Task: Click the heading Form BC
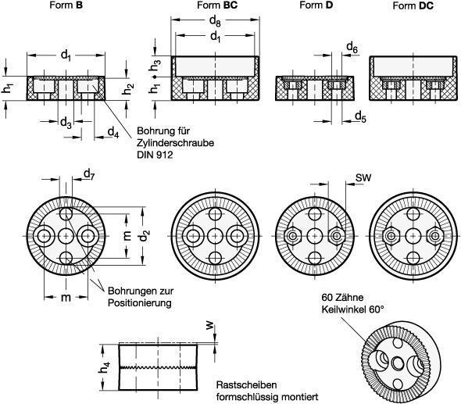pyautogui.click(x=217, y=5)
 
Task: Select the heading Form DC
pyautogui.click(x=413, y=5)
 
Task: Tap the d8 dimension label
pyautogui.click(x=215, y=21)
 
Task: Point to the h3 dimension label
pyautogui.click(x=155, y=66)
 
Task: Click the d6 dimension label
pyautogui.click(x=352, y=47)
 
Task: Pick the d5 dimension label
pyautogui.click(x=360, y=116)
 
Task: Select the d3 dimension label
pyautogui.click(x=66, y=123)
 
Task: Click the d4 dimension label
pyautogui.click(x=113, y=132)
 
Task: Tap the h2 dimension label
pyautogui.click(x=128, y=89)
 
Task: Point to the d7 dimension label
pyautogui.click(x=89, y=174)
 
